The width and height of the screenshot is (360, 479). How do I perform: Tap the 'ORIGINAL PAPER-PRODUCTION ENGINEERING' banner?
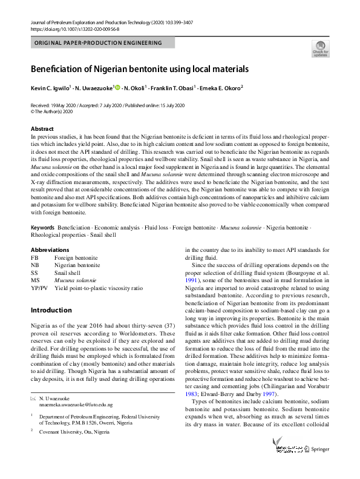99,43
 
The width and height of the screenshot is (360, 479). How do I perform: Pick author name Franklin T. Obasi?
173,88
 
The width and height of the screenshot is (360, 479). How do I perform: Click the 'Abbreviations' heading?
50,249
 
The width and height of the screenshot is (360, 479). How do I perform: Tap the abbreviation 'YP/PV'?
39,289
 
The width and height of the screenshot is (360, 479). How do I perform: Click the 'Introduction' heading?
51,310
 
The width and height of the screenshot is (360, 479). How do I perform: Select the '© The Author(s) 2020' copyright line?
51,111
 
